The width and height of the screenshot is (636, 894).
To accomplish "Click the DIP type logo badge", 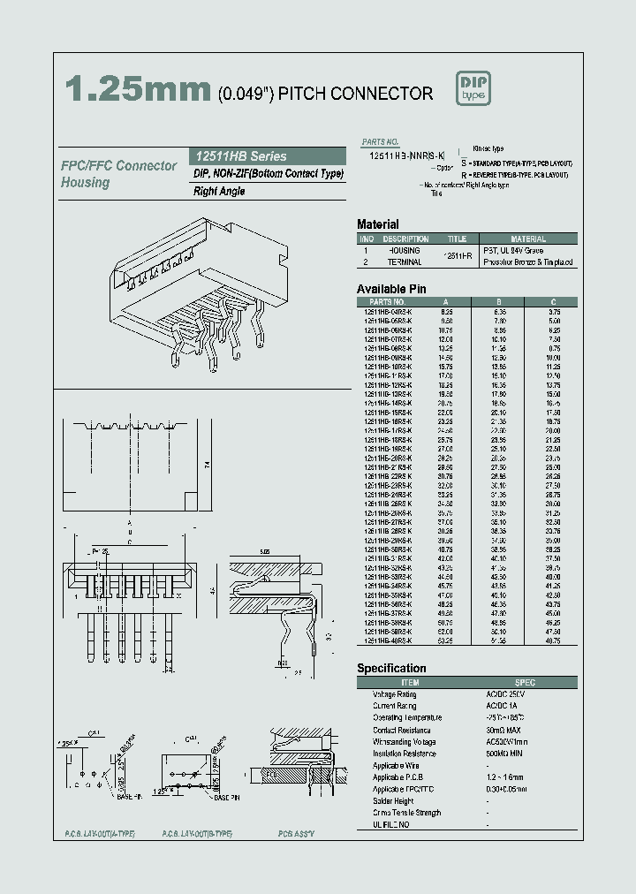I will pos(473,87).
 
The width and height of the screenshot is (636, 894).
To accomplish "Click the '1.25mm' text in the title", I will pos(138,92).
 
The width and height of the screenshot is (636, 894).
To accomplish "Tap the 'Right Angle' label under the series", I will pos(218,192).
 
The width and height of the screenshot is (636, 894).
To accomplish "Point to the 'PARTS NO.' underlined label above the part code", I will pos(381,141).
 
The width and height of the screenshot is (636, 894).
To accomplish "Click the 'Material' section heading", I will pos(377,224).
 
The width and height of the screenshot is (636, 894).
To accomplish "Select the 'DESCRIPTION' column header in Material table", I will pos(405,239).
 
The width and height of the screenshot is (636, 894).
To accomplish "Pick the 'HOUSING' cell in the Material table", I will pos(405,251).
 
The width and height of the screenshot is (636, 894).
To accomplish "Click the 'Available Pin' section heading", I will pos(391,289).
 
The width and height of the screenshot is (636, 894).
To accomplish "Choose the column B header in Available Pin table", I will pos(500,301).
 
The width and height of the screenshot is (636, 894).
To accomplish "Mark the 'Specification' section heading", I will pos(391,669).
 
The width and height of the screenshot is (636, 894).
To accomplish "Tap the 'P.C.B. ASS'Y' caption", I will pos(295,834).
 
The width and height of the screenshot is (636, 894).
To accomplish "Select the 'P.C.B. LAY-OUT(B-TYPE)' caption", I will pos(196,834).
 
